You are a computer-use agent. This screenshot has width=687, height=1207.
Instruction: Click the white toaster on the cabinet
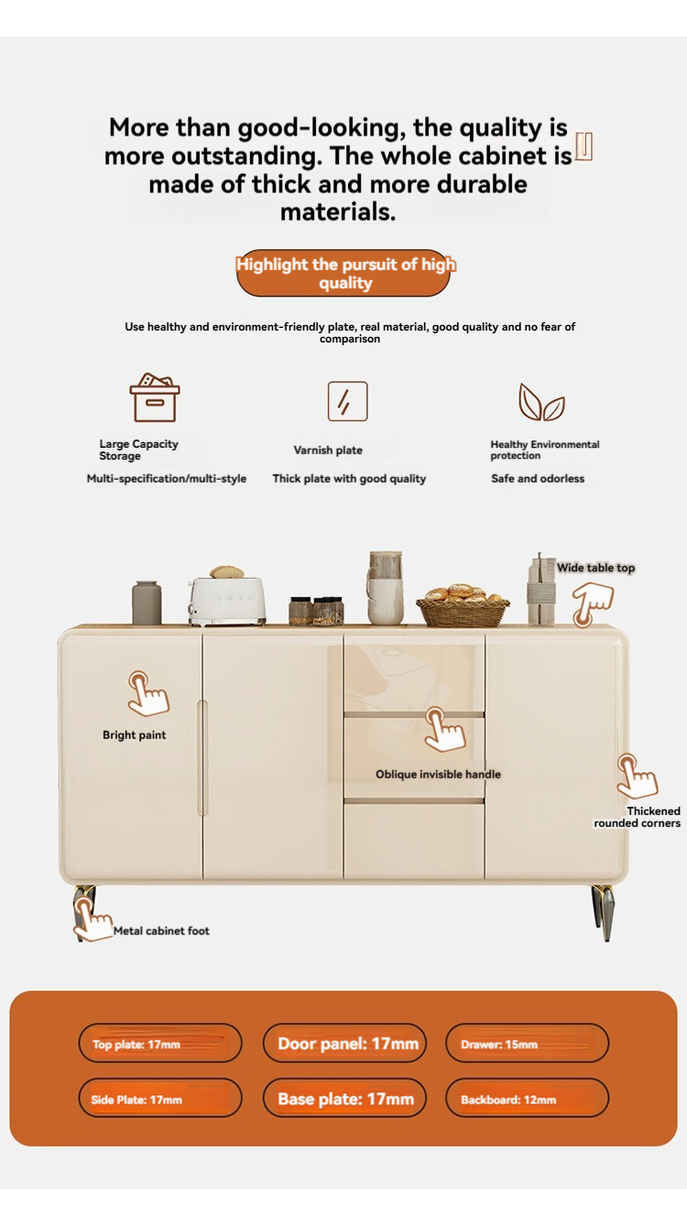click(x=227, y=601)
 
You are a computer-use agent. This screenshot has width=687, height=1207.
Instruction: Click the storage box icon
click(x=155, y=397)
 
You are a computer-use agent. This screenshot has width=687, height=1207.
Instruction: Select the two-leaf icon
click(x=541, y=402)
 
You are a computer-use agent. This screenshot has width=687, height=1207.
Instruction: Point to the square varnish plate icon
click(x=347, y=401)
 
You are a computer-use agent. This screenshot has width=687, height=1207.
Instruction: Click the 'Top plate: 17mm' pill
click(x=160, y=1044)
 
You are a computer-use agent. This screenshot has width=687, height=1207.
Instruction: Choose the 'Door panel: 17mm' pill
click(x=344, y=1044)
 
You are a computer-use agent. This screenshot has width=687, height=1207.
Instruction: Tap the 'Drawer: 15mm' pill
click(x=528, y=1044)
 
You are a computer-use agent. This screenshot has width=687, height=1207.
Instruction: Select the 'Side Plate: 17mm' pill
click(x=160, y=1098)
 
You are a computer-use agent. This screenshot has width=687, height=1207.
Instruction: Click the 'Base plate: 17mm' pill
click(x=344, y=1098)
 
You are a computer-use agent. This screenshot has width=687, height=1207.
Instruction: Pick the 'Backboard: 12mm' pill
click(x=528, y=1098)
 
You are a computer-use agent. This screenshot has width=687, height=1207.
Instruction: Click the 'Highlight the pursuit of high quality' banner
click(x=343, y=273)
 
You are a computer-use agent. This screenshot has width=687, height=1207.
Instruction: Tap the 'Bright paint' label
click(x=134, y=735)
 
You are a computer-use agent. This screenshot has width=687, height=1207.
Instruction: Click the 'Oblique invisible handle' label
click(x=438, y=775)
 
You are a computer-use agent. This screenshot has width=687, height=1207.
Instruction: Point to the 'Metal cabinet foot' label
click(x=161, y=930)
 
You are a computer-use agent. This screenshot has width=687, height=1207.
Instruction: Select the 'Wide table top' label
click(x=596, y=568)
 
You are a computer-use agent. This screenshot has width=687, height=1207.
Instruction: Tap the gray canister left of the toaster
click(x=147, y=603)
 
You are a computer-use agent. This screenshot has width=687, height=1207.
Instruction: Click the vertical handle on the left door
click(x=202, y=757)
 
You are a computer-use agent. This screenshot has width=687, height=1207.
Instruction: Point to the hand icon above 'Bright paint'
click(x=147, y=693)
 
